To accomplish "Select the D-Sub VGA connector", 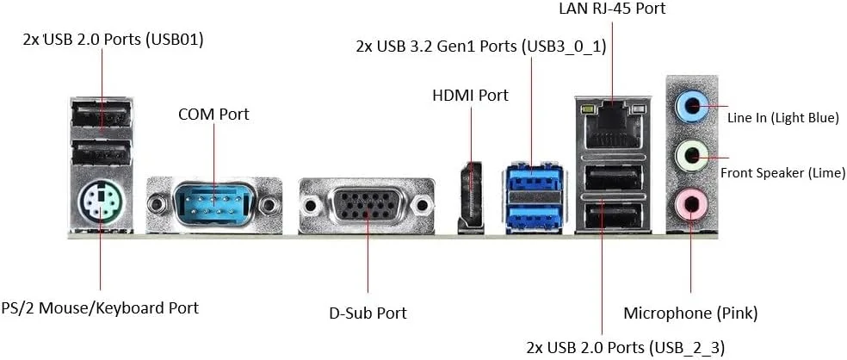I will [366, 206].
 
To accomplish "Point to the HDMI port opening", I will [470, 196].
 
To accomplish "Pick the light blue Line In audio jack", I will [690, 109].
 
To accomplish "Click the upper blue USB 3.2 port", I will [534, 183].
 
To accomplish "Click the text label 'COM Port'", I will [213, 115].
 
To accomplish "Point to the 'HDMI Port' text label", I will [470, 95].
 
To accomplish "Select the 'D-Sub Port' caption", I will [368, 312].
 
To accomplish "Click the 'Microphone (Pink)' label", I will [690, 312].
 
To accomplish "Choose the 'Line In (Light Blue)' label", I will [782, 118].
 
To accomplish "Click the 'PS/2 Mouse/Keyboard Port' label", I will [100, 307].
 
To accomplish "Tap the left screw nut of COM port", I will [158, 204].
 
